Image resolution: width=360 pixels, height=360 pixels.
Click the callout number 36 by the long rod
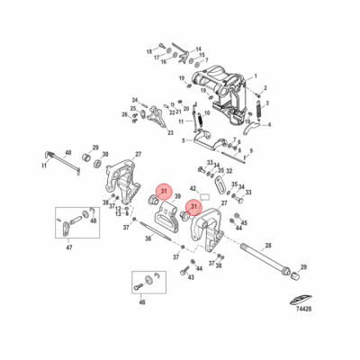point(148,238)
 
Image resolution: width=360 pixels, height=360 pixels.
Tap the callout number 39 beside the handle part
point(177,196)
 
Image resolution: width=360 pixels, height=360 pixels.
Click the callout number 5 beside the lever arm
point(184,139)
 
